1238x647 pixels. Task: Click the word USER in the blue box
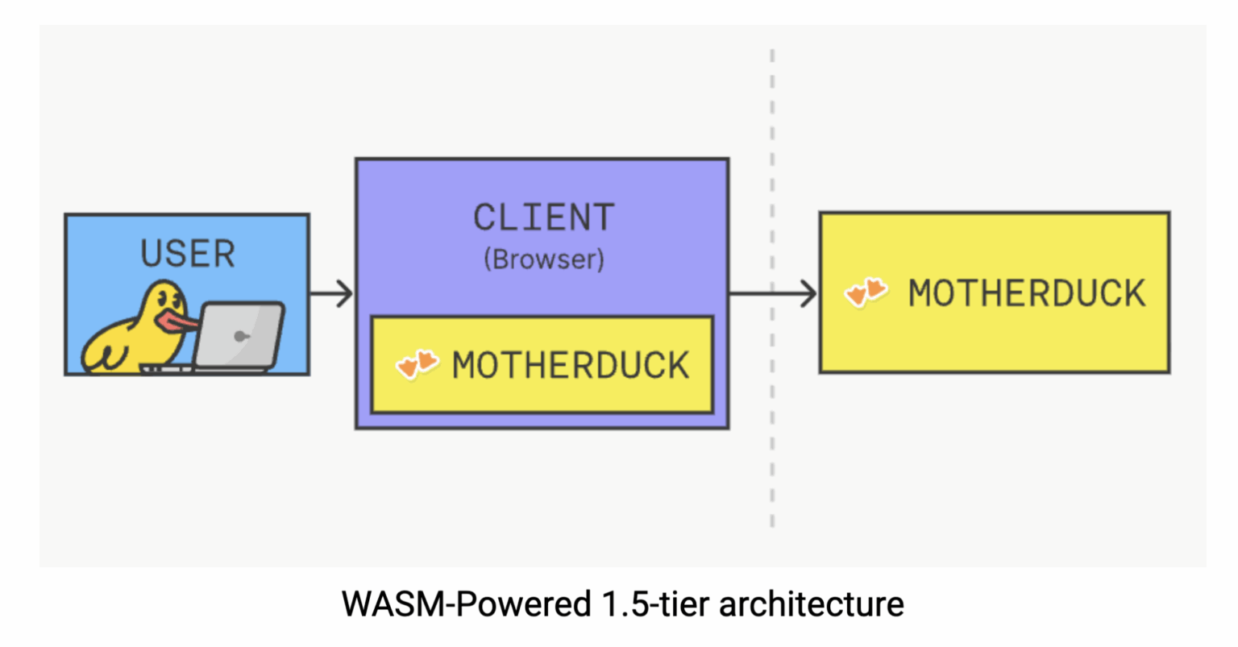(188, 253)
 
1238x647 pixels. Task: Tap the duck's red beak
(179, 321)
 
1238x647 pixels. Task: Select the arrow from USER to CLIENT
(330, 293)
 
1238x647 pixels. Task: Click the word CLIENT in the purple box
(543, 218)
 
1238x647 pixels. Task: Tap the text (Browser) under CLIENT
(543, 259)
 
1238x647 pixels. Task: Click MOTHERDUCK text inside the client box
(571, 366)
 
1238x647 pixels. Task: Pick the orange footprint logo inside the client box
(417, 365)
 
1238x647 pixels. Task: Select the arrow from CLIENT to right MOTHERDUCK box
(772, 293)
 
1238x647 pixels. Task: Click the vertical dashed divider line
(772, 451)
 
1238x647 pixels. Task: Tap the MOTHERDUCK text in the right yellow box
(1026, 293)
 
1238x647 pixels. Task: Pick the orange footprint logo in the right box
(866, 292)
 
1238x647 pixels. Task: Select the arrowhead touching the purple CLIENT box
(346, 293)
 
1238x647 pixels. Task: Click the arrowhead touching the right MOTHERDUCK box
(809, 293)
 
